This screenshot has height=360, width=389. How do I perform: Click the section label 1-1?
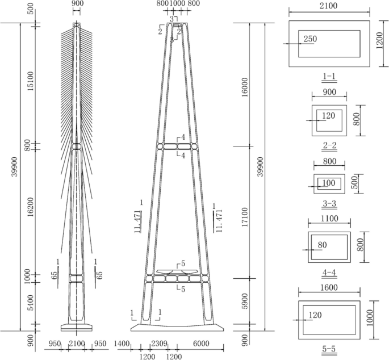click(329, 76)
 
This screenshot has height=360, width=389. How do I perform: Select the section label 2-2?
click(329, 145)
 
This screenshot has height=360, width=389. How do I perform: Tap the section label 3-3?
click(329, 204)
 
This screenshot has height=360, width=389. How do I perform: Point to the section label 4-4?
click(329, 273)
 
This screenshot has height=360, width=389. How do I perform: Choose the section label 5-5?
click(329, 349)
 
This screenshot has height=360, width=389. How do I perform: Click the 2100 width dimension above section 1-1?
click(328, 6)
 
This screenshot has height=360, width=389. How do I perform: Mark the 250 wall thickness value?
click(311, 39)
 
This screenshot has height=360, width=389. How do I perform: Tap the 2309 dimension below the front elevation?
click(159, 344)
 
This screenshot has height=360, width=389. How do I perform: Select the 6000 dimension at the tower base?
click(201, 344)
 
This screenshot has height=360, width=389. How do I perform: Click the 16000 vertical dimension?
click(245, 87)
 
